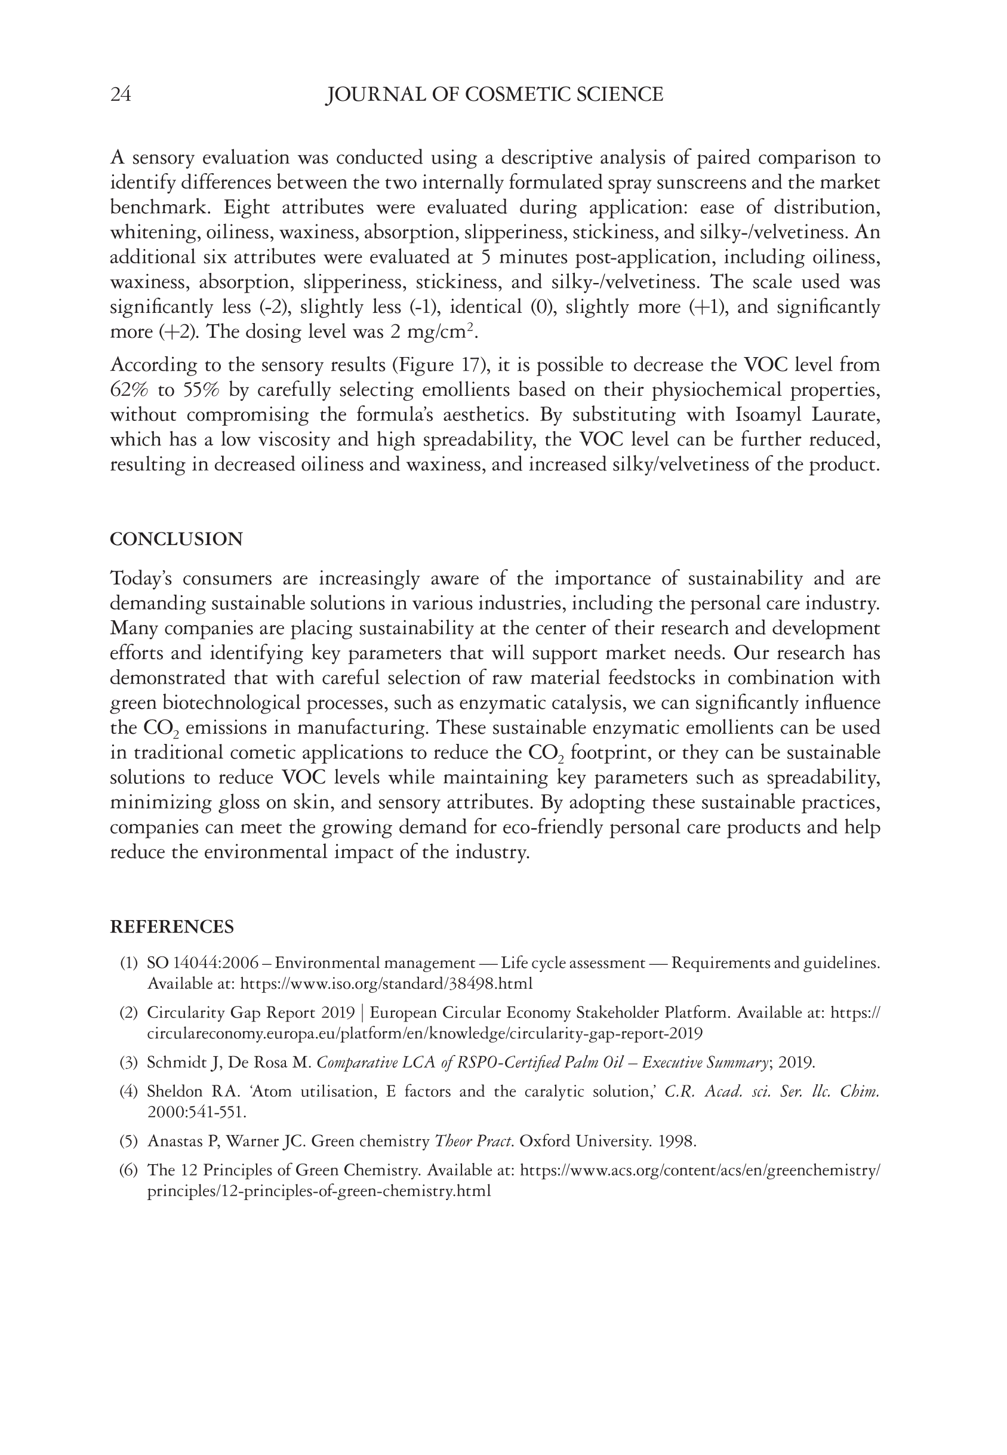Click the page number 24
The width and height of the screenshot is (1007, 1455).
pos(121,95)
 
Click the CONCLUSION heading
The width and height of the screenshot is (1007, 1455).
pos(176,540)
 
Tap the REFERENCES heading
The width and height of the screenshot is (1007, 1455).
pos(172,927)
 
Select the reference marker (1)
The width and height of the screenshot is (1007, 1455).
pos(129,964)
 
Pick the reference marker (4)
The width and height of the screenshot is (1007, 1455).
pos(129,1091)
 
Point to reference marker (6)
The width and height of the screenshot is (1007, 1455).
pos(129,1170)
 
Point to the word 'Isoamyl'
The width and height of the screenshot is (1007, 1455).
pos(765,415)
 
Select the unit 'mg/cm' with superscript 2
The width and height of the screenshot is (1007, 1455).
pos(441,332)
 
